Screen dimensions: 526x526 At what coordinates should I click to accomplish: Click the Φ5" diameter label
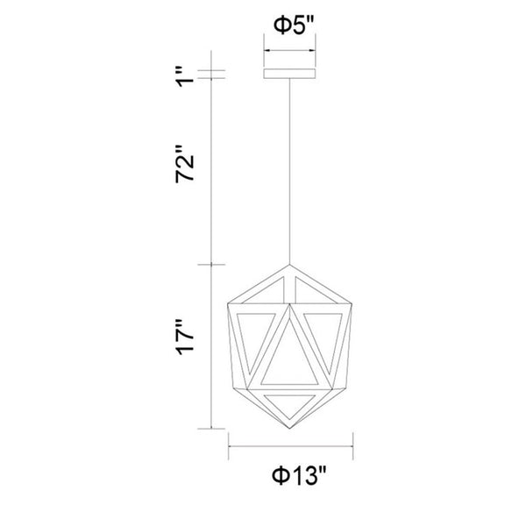(290, 25)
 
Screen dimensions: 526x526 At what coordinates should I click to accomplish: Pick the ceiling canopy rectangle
(291, 72)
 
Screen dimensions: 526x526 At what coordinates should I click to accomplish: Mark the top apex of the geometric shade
(291, 264)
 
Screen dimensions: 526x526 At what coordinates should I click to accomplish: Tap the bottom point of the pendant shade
(291, 429)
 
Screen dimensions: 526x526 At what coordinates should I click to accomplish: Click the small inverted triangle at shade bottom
(291, 402)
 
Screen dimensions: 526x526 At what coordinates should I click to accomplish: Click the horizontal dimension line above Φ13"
(291, 444)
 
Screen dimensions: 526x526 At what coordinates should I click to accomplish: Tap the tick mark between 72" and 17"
(211, 264)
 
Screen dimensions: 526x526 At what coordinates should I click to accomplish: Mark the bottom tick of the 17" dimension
(211, 429)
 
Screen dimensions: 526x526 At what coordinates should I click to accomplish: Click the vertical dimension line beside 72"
(211, 167)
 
